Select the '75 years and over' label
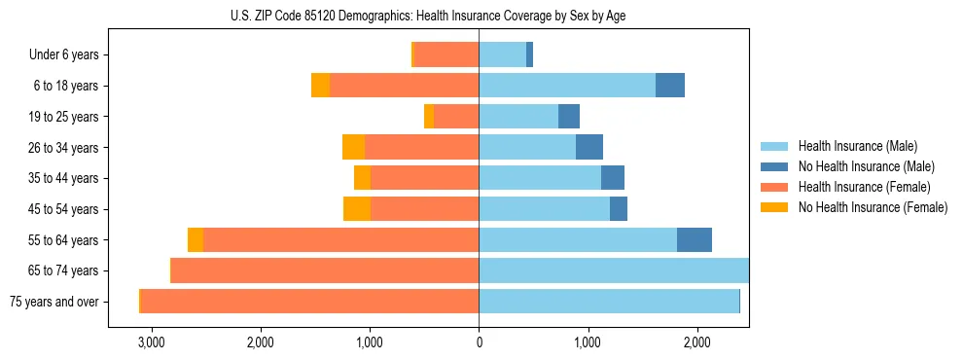coord(54,302)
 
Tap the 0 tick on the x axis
coord(479,342)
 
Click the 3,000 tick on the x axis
coord(152,342)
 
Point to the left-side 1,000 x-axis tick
coord(370,342)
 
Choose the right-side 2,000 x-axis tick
coord(696,342)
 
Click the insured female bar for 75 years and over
coord(309,302)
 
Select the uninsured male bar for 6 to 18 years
coord(670,86)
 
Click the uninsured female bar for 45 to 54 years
coord(357,209)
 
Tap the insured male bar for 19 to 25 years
coord(518,117)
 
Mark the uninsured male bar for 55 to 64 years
coord(695,240)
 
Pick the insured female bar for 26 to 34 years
coord(421,148)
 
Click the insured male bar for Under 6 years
coord(502,55)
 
